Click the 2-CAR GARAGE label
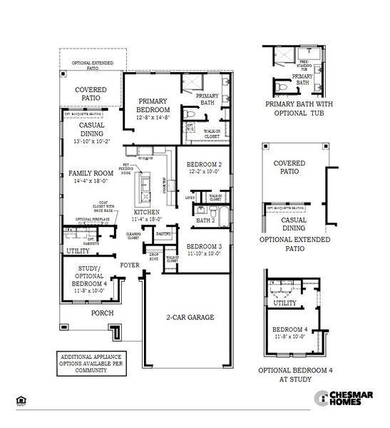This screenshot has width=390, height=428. coord(190,317)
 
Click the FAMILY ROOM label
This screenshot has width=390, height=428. coord(91,173)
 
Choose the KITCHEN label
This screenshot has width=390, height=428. coord(146,213)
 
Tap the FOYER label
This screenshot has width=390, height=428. coord(130,265)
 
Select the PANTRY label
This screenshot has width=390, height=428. coord(163,233)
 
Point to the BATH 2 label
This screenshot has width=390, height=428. coord(205,220)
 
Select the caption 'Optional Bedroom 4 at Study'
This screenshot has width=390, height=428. coord(295,374)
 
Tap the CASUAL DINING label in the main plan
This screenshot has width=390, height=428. coord(91,129)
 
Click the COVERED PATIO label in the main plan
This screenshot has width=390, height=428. coord(91,93)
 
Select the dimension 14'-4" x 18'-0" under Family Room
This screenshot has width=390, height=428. coord(91,182)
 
